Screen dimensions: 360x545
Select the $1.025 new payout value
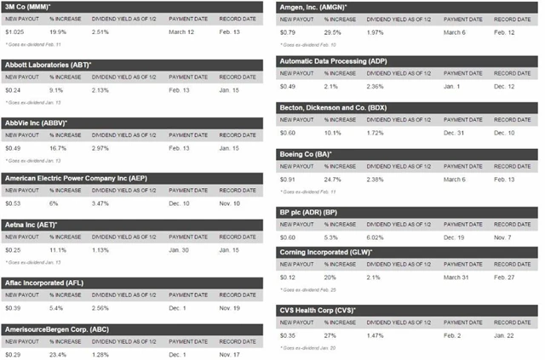[14, 32]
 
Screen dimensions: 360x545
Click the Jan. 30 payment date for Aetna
[178, 251]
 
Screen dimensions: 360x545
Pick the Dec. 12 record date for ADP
[505, 85]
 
